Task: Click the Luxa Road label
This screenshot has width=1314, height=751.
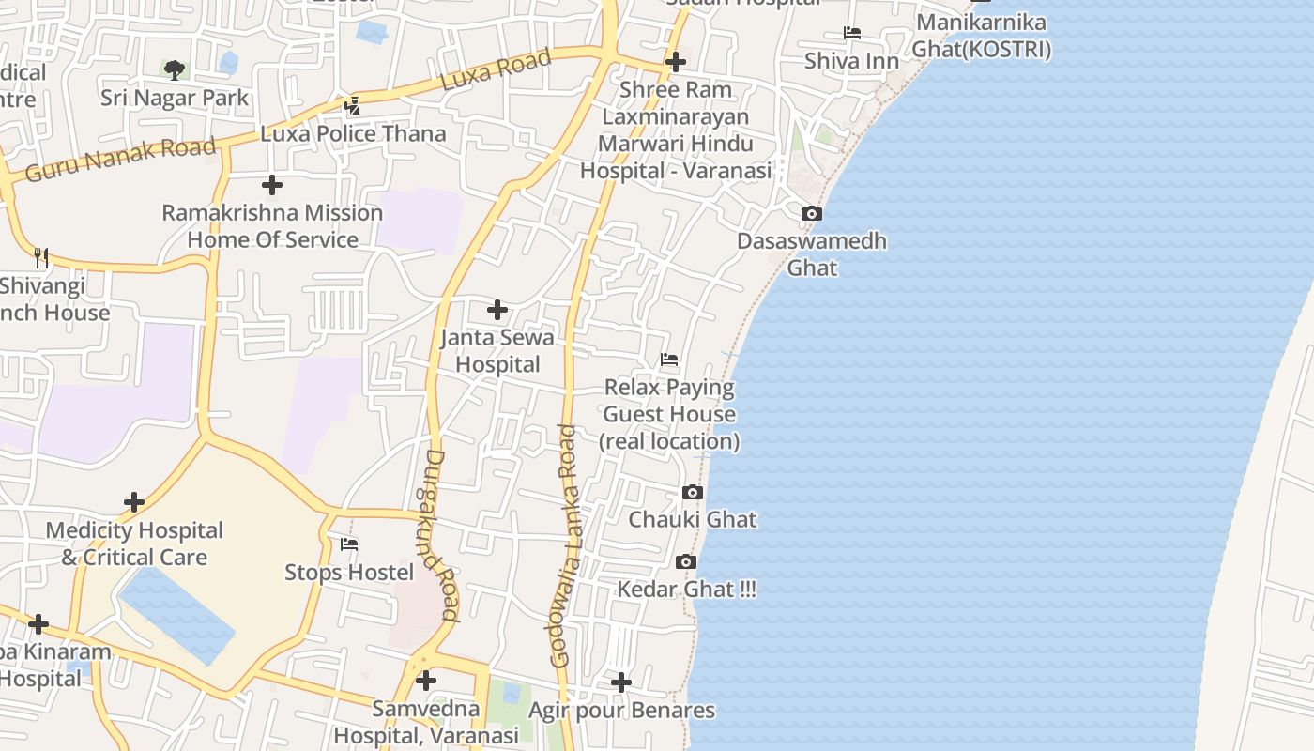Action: pos(496,70)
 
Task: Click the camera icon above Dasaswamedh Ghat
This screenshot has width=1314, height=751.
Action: pos(812,214)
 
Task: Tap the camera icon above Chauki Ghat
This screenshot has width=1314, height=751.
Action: pos(693,493)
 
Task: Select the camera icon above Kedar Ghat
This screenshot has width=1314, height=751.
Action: pos(686,562)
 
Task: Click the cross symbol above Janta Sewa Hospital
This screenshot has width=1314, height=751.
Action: pos(497,310)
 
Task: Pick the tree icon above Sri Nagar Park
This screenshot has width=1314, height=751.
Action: pos(175,69)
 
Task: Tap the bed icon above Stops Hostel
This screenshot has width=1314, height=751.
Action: pos(349,544)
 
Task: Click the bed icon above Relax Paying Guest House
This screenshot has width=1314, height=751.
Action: pos(669,360)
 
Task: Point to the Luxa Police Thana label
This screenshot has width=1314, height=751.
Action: pos(353,133)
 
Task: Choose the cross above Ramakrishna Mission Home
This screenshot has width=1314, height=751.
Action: pos(272,185)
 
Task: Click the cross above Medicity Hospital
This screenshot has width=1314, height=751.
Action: pos(134,502)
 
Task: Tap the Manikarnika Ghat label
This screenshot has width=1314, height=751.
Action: pos(982,36)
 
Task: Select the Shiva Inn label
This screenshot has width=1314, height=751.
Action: pos(851,61)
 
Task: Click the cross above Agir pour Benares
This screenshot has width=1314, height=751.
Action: pos(621,682)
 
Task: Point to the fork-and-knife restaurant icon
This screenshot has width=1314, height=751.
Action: pos(41,257)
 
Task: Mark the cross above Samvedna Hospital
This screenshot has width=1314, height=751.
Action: pos(426,681)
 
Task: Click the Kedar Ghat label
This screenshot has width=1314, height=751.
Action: pos(686,590)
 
